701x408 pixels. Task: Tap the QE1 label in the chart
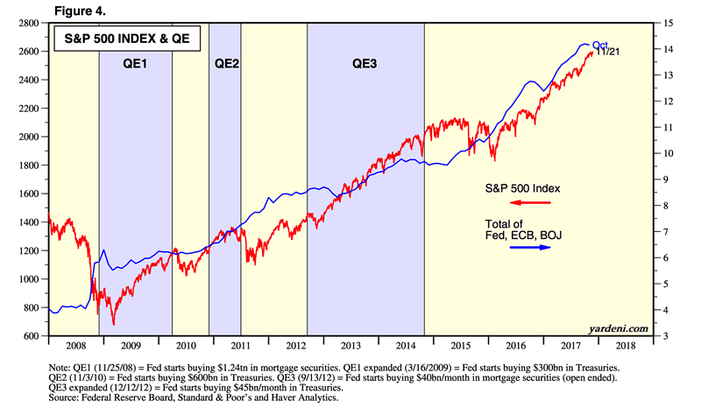click(135, 63)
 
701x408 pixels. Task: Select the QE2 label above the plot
click(225, 63)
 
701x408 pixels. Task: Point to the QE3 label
click(366, 63)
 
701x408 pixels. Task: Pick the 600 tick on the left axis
click(33, 336)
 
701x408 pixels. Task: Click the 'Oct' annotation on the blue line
click(599, 45)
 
